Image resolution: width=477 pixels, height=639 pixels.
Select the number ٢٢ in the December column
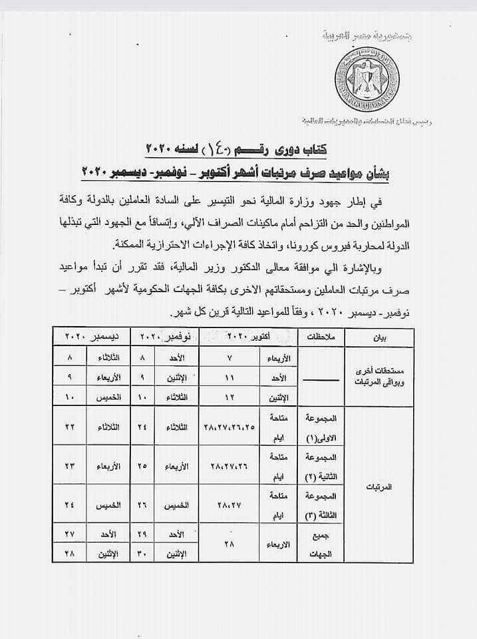coord(69,426)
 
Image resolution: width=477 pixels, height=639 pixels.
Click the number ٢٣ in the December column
coord(69,465)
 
